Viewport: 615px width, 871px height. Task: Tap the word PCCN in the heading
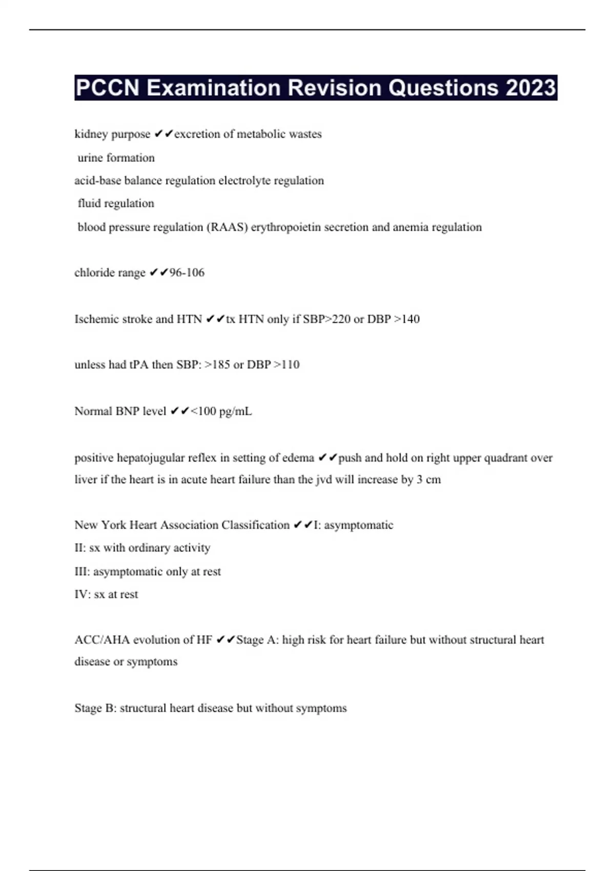click(x=107, y=88)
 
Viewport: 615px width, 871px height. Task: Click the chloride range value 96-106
click(x=187, y=273)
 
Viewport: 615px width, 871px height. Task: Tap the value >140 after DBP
click(x=406, y=319)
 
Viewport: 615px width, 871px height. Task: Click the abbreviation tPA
click(x=138, y=365)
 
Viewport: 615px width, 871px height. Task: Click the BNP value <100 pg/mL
click(x=221, y=411)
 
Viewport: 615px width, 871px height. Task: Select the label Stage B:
click(x=95, y=708)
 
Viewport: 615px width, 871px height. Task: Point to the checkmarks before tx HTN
click(x=215, y=319)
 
